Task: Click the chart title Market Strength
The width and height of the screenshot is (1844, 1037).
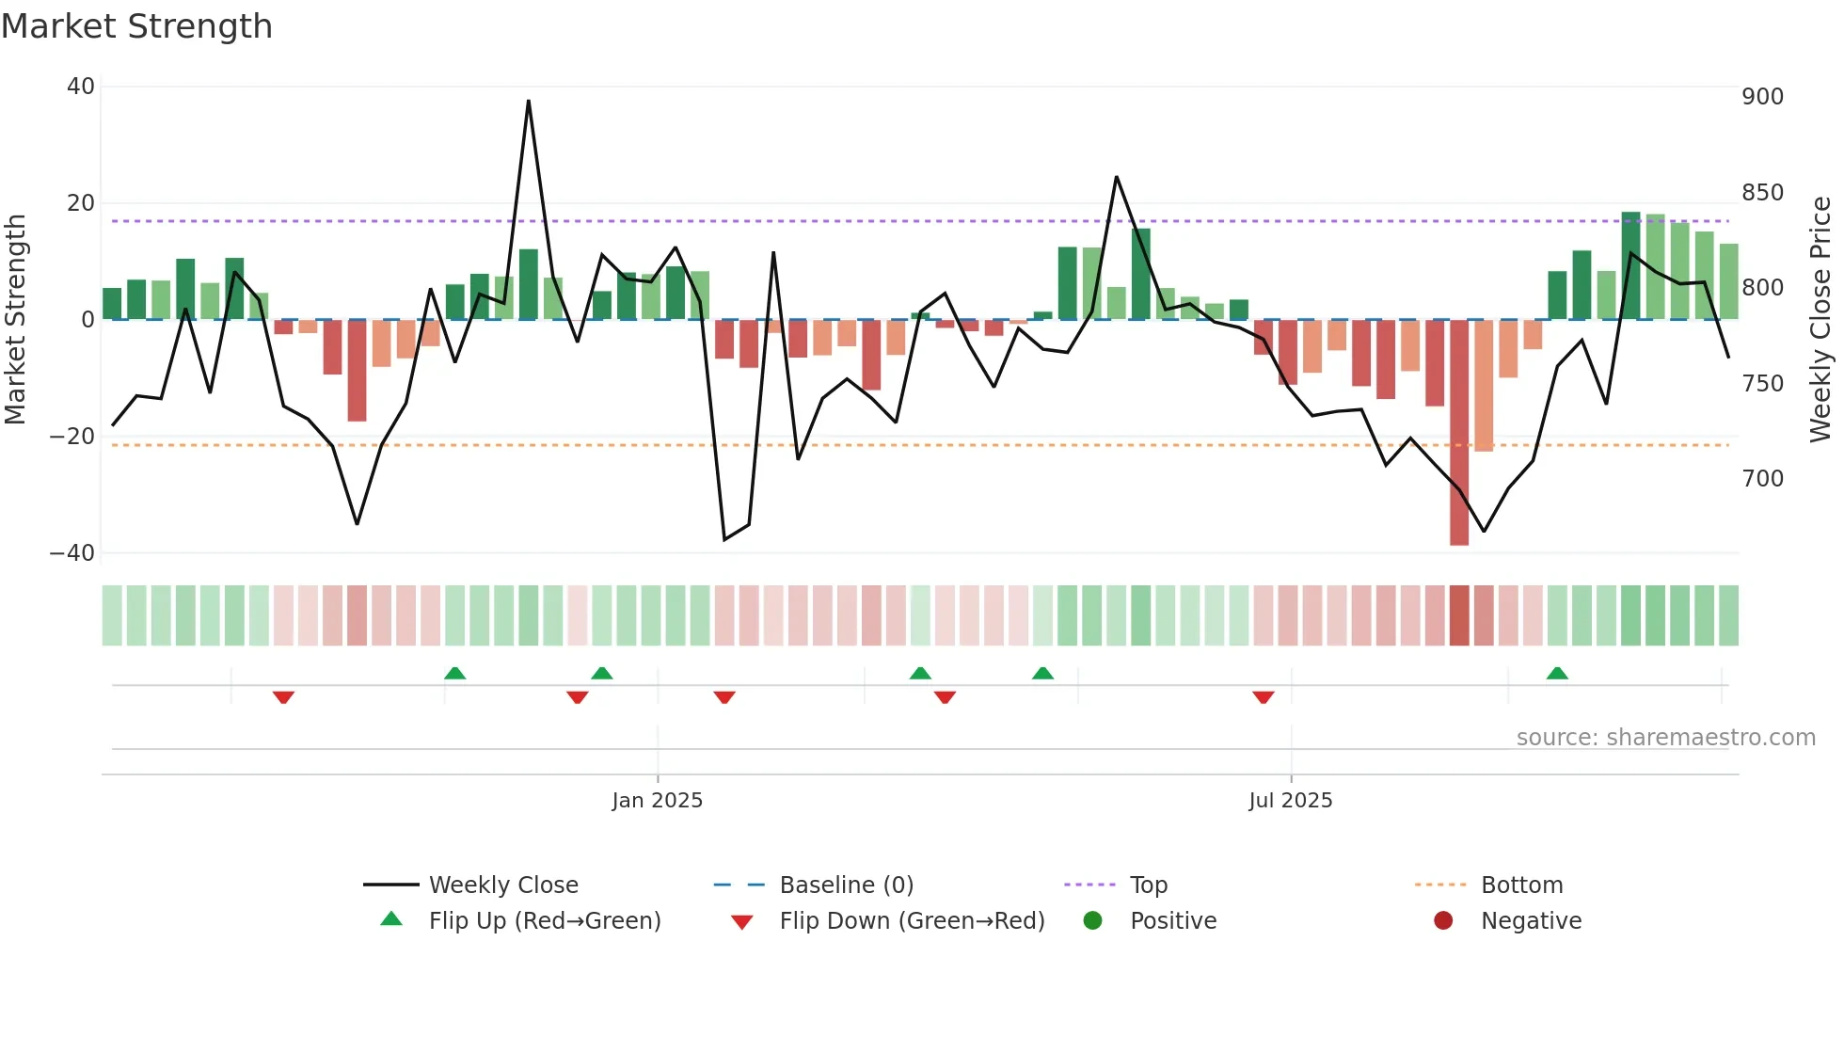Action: tap(136, 26)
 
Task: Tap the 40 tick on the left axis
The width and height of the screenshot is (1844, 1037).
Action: tap(81, 87)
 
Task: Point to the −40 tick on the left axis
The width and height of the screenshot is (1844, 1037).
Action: tap(72, 553)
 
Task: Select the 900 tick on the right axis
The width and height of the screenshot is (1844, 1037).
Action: tap(1762, 97)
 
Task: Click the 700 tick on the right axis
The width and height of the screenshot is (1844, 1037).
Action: tap(1762, 479)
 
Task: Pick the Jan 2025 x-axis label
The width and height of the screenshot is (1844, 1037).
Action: tap(657, 801)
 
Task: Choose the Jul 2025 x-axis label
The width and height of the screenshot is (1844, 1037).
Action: tap(1290, 801)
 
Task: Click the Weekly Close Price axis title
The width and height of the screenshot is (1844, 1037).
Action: tap(1820, 320)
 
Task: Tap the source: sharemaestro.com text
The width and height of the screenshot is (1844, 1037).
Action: tap(1665, 738)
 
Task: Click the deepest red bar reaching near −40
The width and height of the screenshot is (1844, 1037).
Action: tap(1459, 433)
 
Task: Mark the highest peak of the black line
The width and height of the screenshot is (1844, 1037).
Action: tap(529, 102)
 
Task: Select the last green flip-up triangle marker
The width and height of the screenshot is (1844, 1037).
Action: tap(1557, 674)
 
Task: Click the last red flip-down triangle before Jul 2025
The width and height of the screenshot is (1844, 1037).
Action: tap(1264, 697)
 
